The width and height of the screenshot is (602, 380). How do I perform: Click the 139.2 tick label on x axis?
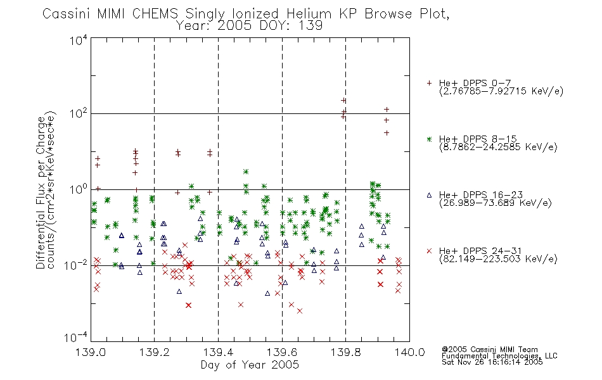click(x=155, y=352)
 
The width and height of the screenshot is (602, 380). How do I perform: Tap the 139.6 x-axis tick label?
click(x=282, y=352)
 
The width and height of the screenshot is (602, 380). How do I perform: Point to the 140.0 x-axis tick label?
click(x=409, y=352)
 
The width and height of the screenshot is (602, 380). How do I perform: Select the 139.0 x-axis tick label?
click(x=91, y=352)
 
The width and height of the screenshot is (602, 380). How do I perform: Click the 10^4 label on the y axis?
click(x=79, y=39)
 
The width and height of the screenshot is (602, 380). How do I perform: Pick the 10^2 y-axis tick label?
click(x=79, y=114)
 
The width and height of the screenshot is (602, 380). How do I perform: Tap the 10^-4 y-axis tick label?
click(x=75, y=338)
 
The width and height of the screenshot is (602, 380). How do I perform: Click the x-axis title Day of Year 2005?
click(x=250, y=365)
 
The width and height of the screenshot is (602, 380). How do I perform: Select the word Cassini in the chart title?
click(x=67, y=14)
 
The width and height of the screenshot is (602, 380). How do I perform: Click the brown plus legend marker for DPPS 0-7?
click(x=429, y=83)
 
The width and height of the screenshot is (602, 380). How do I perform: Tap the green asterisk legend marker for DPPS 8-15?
click(x=429, y=139)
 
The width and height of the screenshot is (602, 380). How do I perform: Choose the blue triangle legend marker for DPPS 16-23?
click(x=429, y=195)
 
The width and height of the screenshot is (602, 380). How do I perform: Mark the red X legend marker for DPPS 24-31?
click(x=429, y=251)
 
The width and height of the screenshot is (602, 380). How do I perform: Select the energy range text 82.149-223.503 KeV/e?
click(x=498, y=259)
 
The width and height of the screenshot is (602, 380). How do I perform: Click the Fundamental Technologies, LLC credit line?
click(x=499, y=356)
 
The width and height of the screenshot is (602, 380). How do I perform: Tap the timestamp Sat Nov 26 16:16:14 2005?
click(x=492, y=362)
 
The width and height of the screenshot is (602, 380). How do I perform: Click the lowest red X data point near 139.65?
click(x=300, y=311)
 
